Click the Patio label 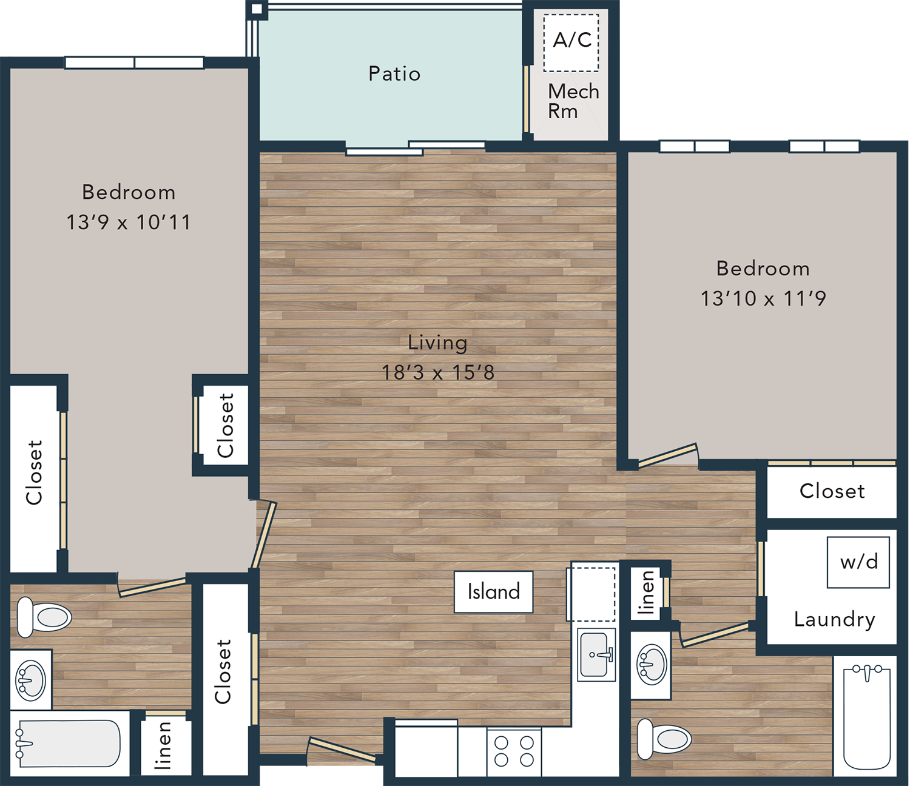(394, 73)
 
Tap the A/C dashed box (571, 42)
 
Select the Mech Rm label (573, 101)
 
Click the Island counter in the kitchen (493, 592)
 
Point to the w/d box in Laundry (858, 562)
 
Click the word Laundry (835, 620)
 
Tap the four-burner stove (514, 752)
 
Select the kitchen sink (596, 654)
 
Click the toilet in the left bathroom (44, 617)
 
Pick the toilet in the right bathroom (664, 739)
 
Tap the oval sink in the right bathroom (652, 665)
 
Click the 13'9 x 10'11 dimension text (129, 222)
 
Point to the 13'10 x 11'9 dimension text (763, 298)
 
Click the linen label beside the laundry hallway (646, 593)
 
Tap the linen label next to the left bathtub (162, 745)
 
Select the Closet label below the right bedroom (832, 491)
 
